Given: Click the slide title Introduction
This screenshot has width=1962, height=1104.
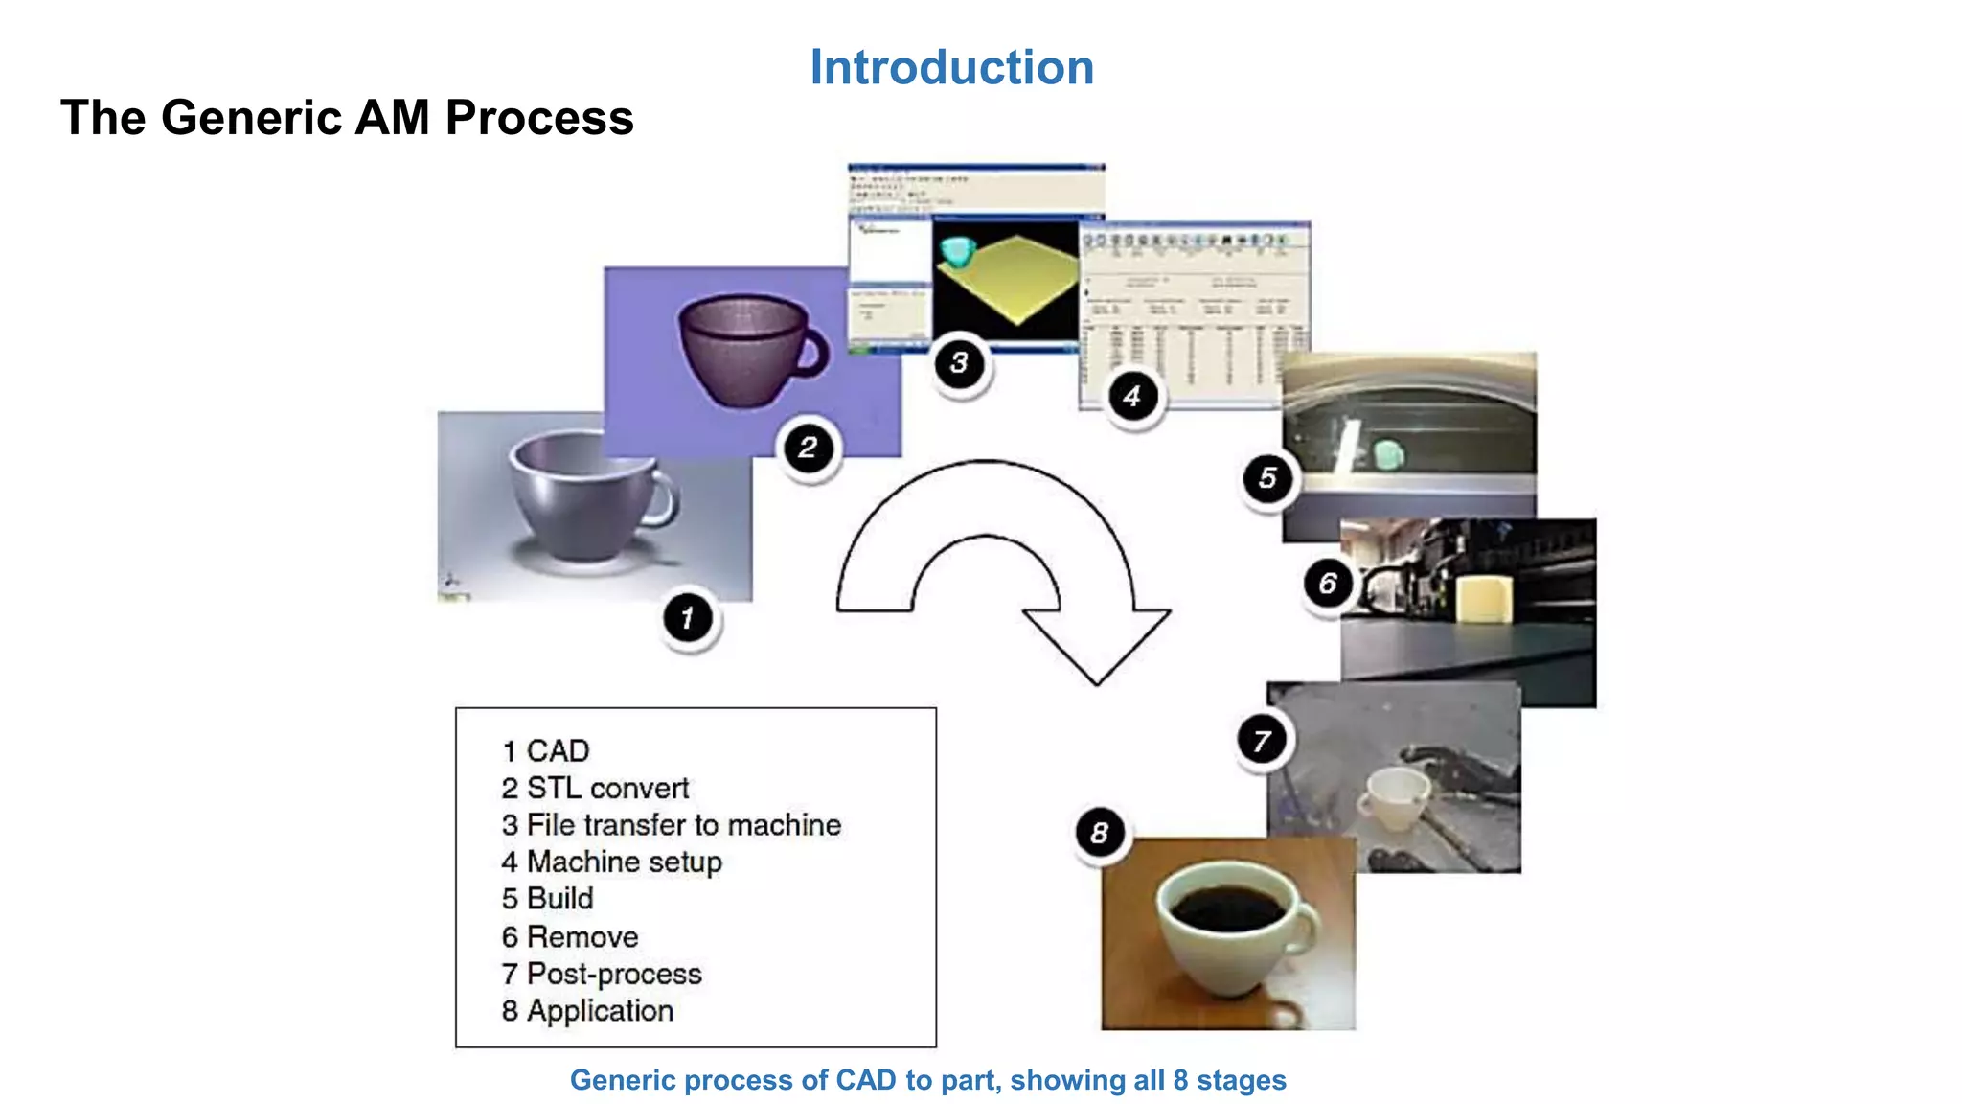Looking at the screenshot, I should click(951, 68).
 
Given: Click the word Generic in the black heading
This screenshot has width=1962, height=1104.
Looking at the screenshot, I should click(252, 118).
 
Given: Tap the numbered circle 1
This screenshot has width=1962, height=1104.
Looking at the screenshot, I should click(688, 618).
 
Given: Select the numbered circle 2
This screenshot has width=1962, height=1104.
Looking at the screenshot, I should click(808, 447).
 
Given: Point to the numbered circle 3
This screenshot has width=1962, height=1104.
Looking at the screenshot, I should click(959, 363).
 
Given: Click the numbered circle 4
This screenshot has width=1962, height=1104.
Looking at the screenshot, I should click(1132, 396).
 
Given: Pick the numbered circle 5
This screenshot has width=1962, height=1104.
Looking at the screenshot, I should click(1267, 477).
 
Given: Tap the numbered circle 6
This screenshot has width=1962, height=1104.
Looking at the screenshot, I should click(1328, 583).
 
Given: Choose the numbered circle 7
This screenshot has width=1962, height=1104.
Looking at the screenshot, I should click(1262, 740).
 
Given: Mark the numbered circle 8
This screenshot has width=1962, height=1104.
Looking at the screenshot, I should click(1099, 833).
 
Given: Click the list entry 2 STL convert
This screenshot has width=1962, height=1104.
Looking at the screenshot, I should click(595, 788).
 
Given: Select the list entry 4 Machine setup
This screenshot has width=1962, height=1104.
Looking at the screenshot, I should click(611, 862).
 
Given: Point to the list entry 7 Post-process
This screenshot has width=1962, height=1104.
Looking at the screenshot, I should click(602, 974).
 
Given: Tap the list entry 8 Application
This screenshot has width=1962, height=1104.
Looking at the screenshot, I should click(587, 1011).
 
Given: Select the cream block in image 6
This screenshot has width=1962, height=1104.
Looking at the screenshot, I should click(1484, 601).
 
